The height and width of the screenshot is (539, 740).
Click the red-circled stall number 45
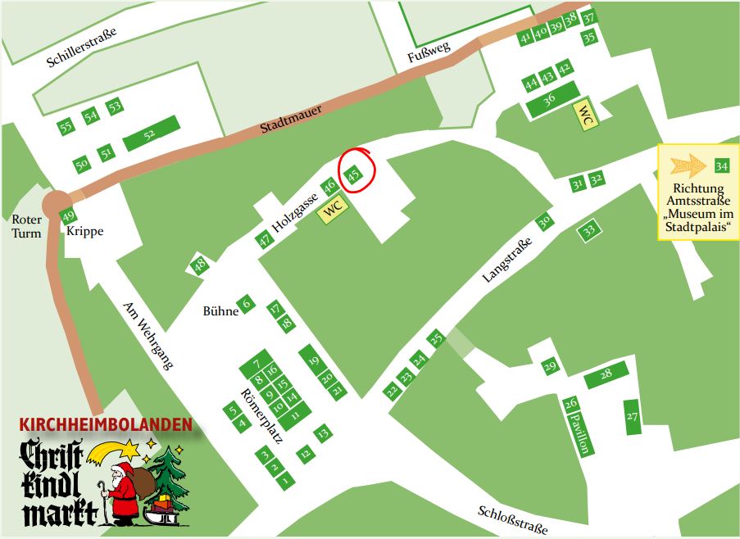click(x=354, y=174)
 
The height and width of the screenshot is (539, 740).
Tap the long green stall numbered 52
click(x=151, y=134)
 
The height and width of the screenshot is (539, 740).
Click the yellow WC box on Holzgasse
click(x=333, y=208)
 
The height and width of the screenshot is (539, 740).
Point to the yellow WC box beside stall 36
click(x=586, y=115)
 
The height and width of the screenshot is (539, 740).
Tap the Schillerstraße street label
click(x=82, y=47)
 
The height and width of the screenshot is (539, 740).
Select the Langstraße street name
click(x=507, y=260)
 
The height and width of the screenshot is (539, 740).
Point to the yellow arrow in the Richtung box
click(x=686, y=166)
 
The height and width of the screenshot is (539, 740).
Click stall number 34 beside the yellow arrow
click(x=721, y=166)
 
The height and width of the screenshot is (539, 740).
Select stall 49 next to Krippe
click(x=69, y=217)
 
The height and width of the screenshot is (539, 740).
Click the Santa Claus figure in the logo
click(x=122, y=494)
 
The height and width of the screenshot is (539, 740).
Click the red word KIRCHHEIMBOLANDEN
click(x=106, y=425)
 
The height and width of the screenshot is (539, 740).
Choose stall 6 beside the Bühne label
click(x=246, y=305)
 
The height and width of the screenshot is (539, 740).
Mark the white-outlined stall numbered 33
click(x=588, y=232)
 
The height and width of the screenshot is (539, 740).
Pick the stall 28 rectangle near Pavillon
click(x=606, y=375)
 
